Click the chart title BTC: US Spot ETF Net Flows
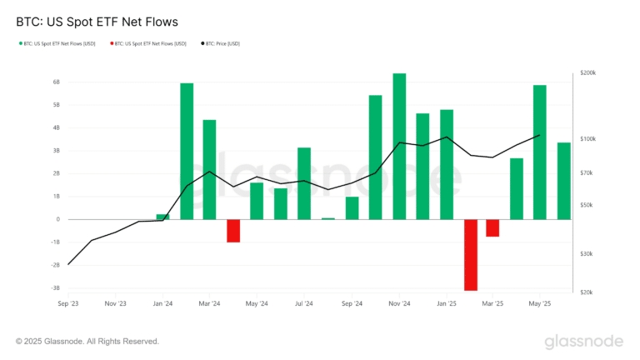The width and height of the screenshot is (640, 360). click(97, 21)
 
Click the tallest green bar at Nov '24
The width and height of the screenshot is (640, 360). click(399, 146)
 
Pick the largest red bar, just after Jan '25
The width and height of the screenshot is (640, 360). click(471, 254)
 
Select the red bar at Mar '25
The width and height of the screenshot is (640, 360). click(492, 227)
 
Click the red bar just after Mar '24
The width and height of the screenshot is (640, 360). click(233, 230)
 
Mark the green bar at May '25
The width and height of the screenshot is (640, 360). click(540, 152)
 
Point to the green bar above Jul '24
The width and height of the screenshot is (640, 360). click(304, 183)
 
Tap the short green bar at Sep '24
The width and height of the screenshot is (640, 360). click(352, 207)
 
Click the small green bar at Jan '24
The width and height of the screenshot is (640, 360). click(162, 217)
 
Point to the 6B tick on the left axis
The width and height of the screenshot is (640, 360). click(56, 82)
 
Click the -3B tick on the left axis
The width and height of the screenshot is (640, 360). click(55, 287)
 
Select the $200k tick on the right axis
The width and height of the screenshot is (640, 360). click(587, 73)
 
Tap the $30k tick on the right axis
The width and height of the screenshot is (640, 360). click(586, 253)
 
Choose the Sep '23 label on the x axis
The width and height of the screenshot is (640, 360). click(68, 304)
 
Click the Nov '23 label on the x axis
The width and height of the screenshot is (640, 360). click(116, 304)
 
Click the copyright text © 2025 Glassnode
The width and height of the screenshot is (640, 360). click(87, 341)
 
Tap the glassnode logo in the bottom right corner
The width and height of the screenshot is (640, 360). click(583, 342)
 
